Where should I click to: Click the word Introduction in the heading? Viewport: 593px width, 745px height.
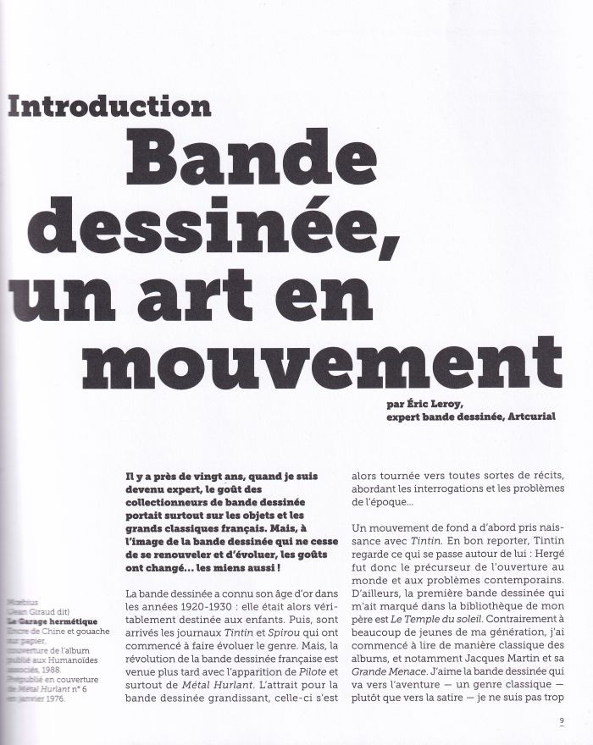tap(110, 107)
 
